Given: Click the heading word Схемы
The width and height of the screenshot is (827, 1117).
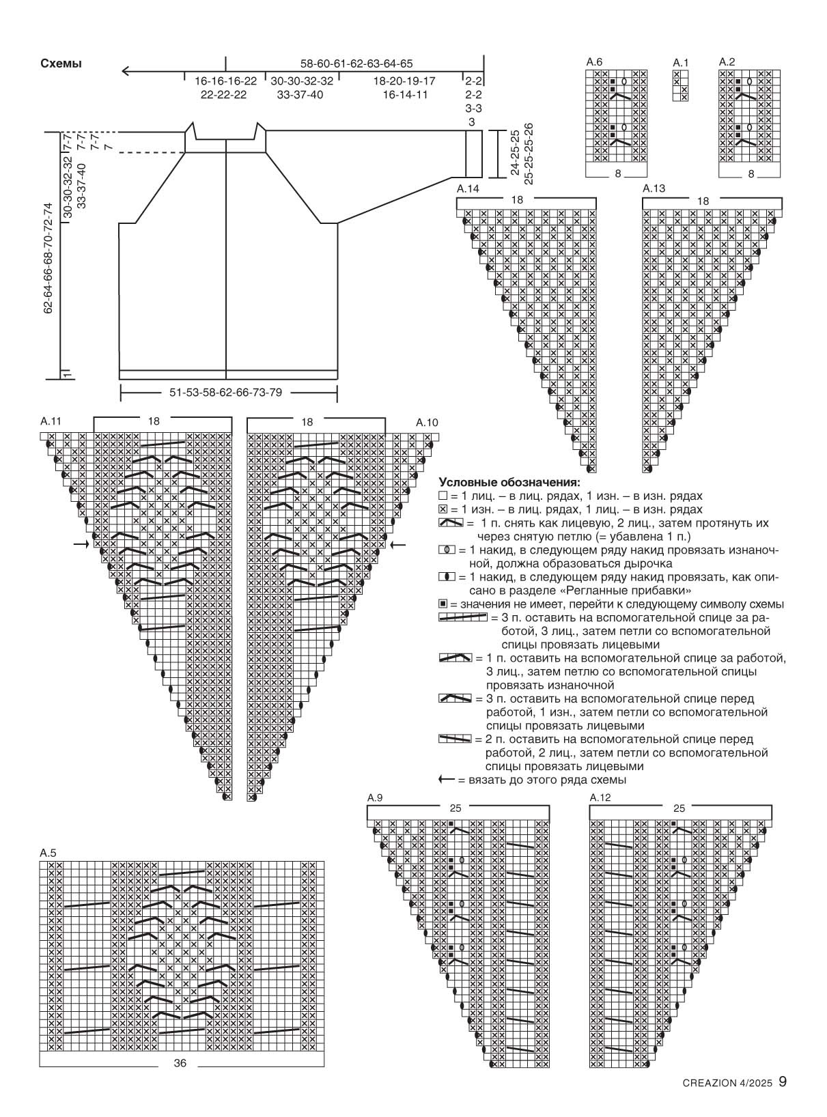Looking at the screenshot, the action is [x=61, y=63].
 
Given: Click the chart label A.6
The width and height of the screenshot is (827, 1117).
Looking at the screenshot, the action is [x=594, y=62].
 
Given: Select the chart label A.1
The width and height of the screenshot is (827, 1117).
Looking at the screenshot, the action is [x=680, y=62].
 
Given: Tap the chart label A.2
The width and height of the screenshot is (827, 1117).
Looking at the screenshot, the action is [x=727, y=62].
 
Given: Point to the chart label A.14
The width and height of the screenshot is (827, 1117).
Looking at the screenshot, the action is [x=468, y=189].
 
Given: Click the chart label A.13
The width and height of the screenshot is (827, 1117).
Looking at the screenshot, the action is [x=654, y=188].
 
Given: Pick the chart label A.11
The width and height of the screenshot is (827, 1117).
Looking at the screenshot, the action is [x=51, y=421].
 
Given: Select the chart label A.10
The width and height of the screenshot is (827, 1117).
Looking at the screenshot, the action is [x=427, y=423].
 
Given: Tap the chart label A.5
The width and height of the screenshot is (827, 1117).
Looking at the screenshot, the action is [x=48, y=853].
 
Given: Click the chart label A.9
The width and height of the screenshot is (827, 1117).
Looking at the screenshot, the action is [x=375, y=797].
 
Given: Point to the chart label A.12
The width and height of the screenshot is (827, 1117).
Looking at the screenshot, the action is [x=600, y=797].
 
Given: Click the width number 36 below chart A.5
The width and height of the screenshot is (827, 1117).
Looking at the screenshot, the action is [x=180, y=1063].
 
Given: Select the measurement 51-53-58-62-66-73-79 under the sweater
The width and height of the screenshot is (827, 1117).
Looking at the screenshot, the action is [x=225, y=393].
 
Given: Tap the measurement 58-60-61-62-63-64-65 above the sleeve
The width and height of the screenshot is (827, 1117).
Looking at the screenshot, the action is [x=356, y=63].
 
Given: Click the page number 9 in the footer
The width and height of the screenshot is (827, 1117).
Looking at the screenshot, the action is [x=783, y=1096].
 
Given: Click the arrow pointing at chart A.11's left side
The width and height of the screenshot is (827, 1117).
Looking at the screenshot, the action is [x=81, y=544].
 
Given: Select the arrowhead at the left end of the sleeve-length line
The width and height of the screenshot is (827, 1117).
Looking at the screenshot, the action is [x=126, y=71].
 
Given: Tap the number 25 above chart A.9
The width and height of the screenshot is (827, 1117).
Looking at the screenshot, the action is [x=455, y=808].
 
